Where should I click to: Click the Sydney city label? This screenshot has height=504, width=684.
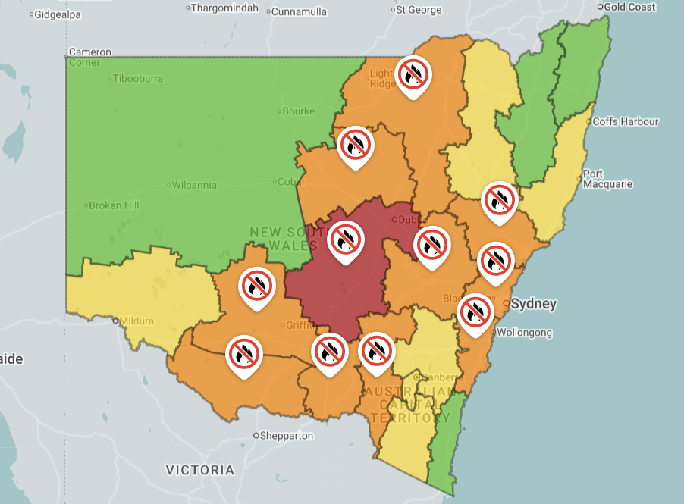pos(534,304)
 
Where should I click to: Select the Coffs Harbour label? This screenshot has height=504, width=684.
pos(626,121)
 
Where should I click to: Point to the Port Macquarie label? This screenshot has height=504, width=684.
pos(607,179)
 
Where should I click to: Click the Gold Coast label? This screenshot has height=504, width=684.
pos(629,7)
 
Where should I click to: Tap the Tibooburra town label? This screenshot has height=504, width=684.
pos(139,78)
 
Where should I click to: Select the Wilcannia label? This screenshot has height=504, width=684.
pos(194,185)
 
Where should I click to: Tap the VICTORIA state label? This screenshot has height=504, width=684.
pos(200,470)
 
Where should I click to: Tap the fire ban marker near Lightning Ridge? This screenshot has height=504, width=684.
pos(413,75)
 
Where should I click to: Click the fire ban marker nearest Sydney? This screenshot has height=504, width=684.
pos(475,311)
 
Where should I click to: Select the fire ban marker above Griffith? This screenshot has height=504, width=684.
pos(256,286)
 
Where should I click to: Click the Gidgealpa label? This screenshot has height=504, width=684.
pos(58,14)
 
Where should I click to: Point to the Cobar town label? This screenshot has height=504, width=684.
pos(292,182)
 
